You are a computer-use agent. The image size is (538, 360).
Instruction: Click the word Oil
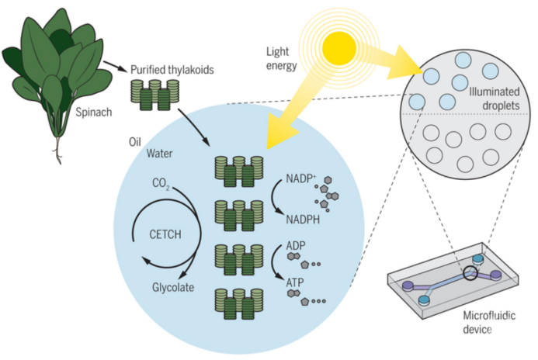[x=136, y=143]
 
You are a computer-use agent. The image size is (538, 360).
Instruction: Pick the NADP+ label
[x=290, y=178]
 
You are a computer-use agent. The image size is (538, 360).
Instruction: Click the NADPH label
[x=300, y=219]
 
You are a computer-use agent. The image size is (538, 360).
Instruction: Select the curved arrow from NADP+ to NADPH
[x=276, y=199]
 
